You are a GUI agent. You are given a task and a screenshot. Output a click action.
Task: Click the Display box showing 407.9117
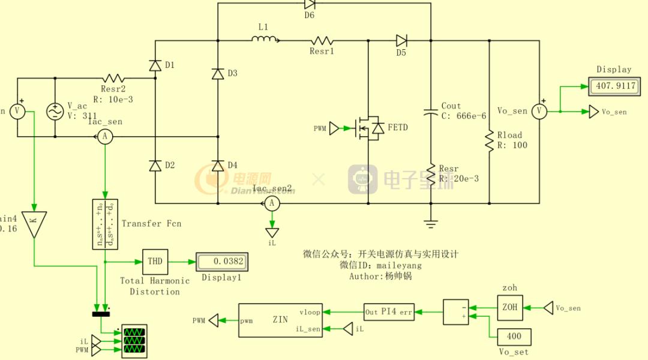coord(614,86)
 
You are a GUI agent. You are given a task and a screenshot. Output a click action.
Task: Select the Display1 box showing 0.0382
coord(219,262)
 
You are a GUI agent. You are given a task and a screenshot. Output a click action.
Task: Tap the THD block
coord(155,262)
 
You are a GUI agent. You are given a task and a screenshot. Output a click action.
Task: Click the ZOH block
coord(509,308)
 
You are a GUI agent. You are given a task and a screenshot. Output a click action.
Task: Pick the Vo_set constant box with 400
coord(514,337)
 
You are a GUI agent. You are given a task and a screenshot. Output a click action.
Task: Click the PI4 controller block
coord(389,312)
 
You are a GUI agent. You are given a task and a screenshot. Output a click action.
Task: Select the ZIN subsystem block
coord(280,320)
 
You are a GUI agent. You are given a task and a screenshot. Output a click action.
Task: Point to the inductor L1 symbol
coord(264,40)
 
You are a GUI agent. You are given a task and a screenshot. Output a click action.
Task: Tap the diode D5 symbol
coord(401,41)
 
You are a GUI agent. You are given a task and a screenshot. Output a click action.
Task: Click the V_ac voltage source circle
coord(55,112)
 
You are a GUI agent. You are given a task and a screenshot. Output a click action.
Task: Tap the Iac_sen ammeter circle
coord(105,137)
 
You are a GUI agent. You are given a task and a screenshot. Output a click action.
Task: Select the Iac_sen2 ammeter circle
coord(272,203)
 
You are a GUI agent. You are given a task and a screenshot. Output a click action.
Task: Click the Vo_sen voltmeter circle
coord(539,111)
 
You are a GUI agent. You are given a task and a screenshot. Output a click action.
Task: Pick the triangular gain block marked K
coord(34,223)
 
